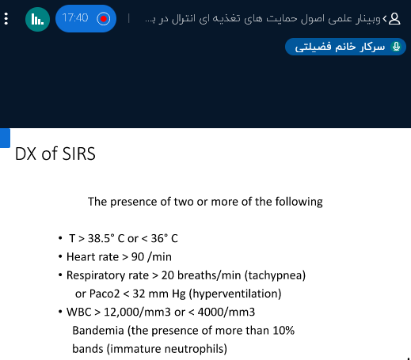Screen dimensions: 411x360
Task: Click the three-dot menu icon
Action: (x=6, y=19)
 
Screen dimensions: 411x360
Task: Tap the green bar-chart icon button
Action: (x=37, y=19)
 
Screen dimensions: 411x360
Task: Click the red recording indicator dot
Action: (x=103, y=19)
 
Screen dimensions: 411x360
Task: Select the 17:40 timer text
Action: (x=75, y=18)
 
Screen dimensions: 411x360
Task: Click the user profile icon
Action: (x=394, y=19)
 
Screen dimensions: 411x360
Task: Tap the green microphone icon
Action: (x=396, y=47)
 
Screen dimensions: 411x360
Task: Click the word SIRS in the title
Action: (x=78, y=153)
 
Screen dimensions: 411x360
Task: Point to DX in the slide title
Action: (x=25, y=153)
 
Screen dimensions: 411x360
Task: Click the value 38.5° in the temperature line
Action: (x=101, y=238)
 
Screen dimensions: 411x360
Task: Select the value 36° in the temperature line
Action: (x=159, y=238)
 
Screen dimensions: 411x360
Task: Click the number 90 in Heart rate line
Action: (x=138, y=257)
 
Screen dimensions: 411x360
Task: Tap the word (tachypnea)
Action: (x=275, y=275)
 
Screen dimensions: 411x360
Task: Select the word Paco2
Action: (x=105, y=294)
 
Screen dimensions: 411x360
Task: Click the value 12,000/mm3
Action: (x=137, y=313)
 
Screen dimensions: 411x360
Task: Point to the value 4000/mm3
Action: (x=226, y=313)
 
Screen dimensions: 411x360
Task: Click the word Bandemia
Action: (x=98, y=331)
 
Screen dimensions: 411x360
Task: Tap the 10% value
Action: (x=284, y=331)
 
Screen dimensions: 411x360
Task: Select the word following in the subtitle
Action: (x=299, y=202)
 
